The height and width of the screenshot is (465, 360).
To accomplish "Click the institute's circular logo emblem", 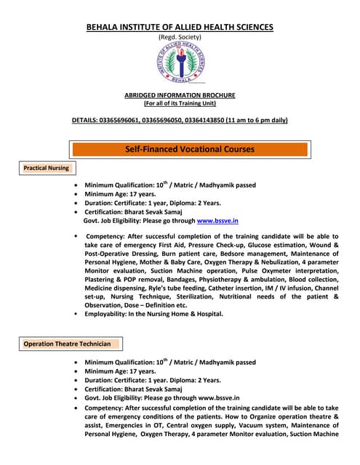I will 180,62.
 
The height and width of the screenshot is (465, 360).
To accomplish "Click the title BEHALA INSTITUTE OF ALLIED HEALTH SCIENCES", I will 180,27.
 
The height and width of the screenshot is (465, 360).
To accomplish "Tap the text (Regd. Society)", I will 180,37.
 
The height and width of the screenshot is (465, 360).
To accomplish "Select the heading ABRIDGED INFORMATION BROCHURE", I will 180,95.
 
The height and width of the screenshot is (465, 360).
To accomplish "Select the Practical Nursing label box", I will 46,168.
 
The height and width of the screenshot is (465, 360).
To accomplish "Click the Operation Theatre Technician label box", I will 67,344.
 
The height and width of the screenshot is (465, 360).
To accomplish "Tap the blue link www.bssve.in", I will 217,220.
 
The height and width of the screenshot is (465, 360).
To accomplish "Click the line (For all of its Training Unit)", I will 180,103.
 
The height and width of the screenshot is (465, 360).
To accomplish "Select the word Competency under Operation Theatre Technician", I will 107,408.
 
